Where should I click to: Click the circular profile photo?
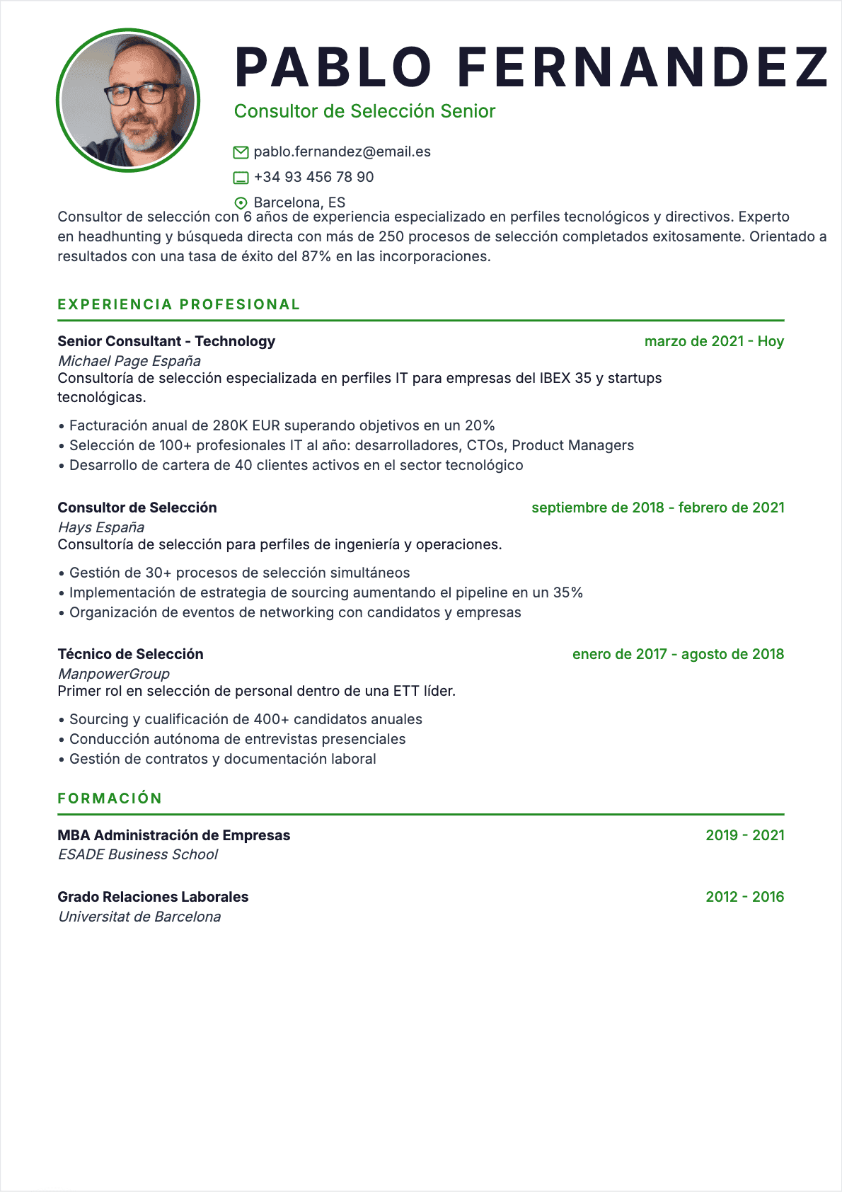click(x=128, y=101)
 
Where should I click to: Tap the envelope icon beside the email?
click(x=241, y=152)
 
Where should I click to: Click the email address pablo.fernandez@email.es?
click(x=342, y=151)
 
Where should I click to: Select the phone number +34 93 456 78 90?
click(x=313, y=177)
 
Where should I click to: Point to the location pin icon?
click(x=241, y=203)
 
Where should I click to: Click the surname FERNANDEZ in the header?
click(x=642, y=67)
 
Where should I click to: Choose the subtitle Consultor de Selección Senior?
click(x=364, y=111)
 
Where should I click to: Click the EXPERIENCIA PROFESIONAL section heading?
click(x=179, y=304)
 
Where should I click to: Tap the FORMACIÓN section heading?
click(x=110, y=798)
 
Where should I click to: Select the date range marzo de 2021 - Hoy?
click(x=714, y=341)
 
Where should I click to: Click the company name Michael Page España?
click(x=129, y=361)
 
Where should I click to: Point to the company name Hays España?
click(x=101, y=527)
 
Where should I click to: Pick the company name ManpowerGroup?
click(x=114, y=674)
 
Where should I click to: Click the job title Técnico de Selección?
click(x=130, y=654)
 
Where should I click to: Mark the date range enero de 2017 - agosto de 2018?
click(x=678, y=654)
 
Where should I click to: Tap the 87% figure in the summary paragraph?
click(x=316, y=256)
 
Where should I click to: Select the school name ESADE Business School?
click(x=138, y=854)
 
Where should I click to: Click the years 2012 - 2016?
click(x=745, y=897)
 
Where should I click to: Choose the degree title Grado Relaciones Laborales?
click(x=153, y=897)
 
